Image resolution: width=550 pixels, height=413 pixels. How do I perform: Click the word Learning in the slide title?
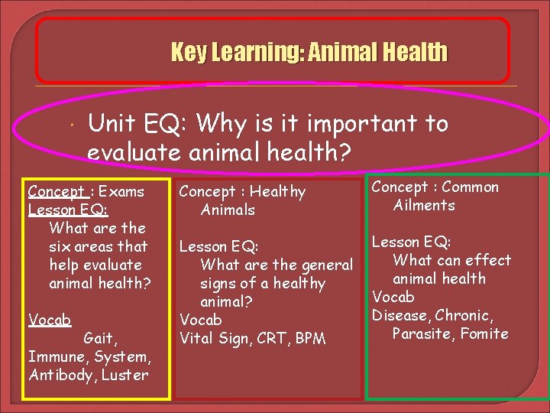[x=252, y=53]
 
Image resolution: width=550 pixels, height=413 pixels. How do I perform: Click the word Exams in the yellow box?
[x=122, y=191]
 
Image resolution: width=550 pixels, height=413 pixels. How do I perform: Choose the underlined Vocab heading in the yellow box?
[x=49, y=320]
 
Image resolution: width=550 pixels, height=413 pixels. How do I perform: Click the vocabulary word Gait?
[x=99, y=338]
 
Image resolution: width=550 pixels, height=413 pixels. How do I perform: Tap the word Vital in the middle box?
[x=199, y=338]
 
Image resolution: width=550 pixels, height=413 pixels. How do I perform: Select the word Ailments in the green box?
[x=424, y=205]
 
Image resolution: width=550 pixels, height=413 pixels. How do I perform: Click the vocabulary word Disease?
[x=400, y=315]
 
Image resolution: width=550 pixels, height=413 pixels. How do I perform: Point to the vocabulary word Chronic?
[x=464, y=315]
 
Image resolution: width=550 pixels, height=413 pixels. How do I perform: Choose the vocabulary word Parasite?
[x=422, y=333]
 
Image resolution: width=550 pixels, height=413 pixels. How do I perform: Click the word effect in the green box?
[x=487, y=260]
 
